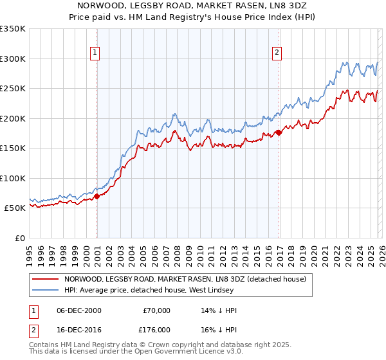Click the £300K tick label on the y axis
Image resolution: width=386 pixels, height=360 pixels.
(x=13, y=59)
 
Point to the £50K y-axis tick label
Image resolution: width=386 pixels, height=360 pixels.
(x=15, y=208)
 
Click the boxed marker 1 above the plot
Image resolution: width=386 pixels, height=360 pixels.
(x=95, y=53)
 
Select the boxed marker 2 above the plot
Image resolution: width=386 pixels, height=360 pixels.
(x=277, y=53)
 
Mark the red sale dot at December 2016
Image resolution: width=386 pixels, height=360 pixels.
(x=279, y=132)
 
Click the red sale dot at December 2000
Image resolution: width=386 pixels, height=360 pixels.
(x=96, y=196)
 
